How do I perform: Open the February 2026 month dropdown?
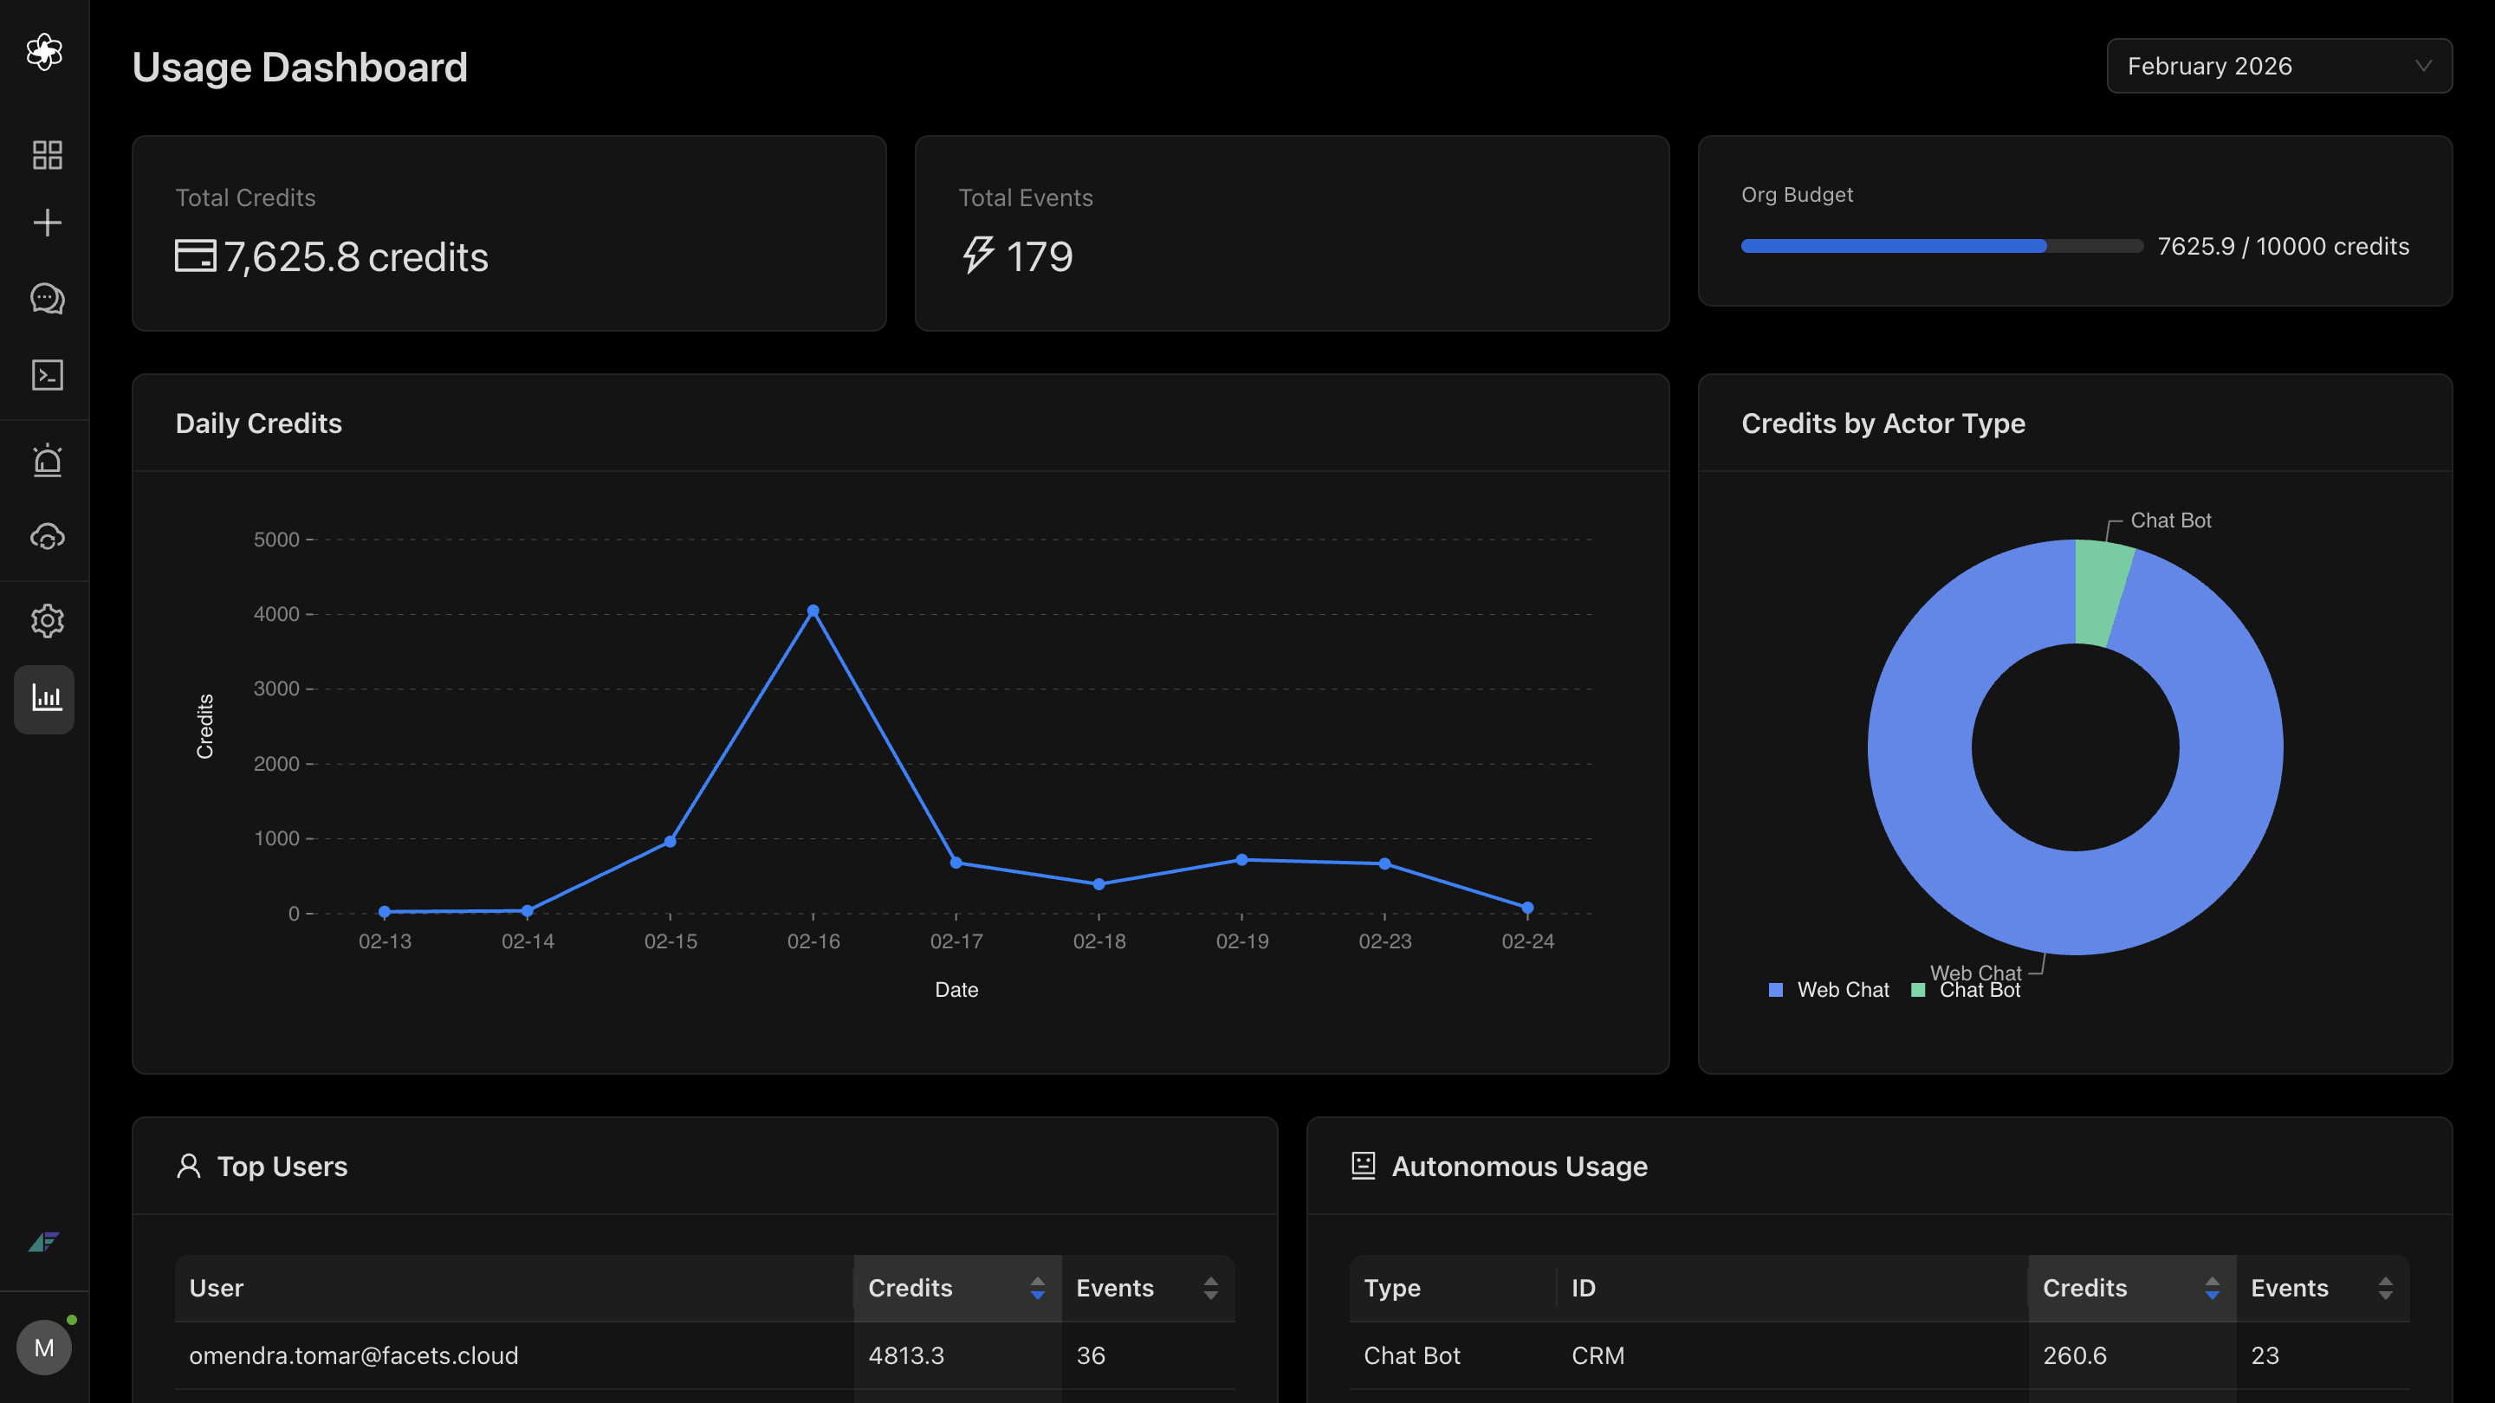[x=2279, y=66]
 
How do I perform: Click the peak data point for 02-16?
[x=813, y=611]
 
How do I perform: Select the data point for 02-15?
[x=671, y=842]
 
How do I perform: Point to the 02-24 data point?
[x=1527, y=908]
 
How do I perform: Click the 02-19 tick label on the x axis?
[x=1241, y=941]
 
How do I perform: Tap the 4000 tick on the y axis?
[x=276, y=614]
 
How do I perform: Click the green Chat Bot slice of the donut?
[x=2103, y=591]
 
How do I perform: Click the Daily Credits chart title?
[x=259, y=423]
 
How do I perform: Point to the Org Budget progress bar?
[x=1942, y=246]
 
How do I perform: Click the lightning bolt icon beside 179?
[x=978, y=255]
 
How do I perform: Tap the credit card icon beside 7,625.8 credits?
[x=196, y=255]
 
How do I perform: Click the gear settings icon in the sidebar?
[x=47, y=621]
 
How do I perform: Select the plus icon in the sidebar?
[x=47, y=223]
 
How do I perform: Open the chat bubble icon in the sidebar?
[x=47, y=298]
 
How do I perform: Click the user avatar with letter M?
[x=43, y=1347]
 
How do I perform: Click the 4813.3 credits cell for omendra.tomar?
[x=905, y=1355]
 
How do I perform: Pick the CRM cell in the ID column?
[x=1597, y=1355]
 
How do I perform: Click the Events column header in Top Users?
[x=1115, y=1288]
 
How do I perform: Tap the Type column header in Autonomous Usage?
[x=1392, y=1288]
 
